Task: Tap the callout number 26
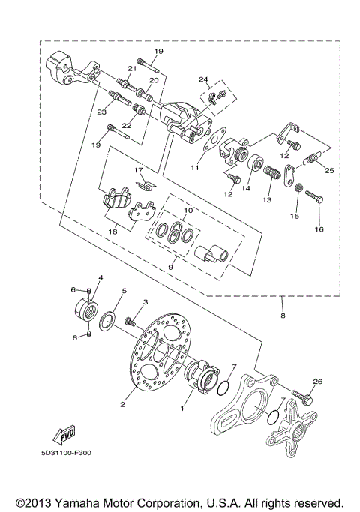click(317, 382)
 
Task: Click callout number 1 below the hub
click(181, 409)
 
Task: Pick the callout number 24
click(202, 79)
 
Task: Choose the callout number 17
click(138, 171)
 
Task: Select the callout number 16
click(319, 229)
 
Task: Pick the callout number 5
click(124, 289)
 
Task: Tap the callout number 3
click(146, 301)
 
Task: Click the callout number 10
click(187, 211)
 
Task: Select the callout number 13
click(266, 201)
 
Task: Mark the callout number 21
click(130, 69)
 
